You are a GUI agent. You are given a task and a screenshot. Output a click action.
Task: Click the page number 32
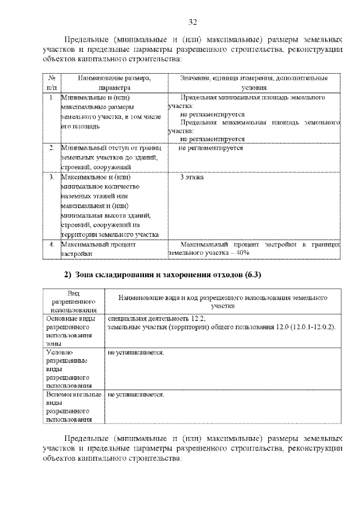[x=192, y=22]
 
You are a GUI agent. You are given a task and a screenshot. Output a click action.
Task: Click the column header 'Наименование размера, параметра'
[x=114, y=83]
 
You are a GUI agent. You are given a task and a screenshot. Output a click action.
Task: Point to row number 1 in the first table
[x=51, y=98]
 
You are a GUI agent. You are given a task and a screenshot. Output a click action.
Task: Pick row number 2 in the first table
[x=51, y=148]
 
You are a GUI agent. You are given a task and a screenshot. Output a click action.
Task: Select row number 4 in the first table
[x=51, y=245]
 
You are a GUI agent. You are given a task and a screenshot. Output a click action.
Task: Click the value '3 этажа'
[x=192, y=178]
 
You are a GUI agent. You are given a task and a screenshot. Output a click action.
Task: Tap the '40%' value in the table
[x=242, y=254]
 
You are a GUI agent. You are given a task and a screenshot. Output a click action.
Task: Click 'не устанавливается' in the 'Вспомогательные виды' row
[x=135, y=395]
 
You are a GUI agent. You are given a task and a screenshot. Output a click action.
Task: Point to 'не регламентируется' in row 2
[x=211, y=148]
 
